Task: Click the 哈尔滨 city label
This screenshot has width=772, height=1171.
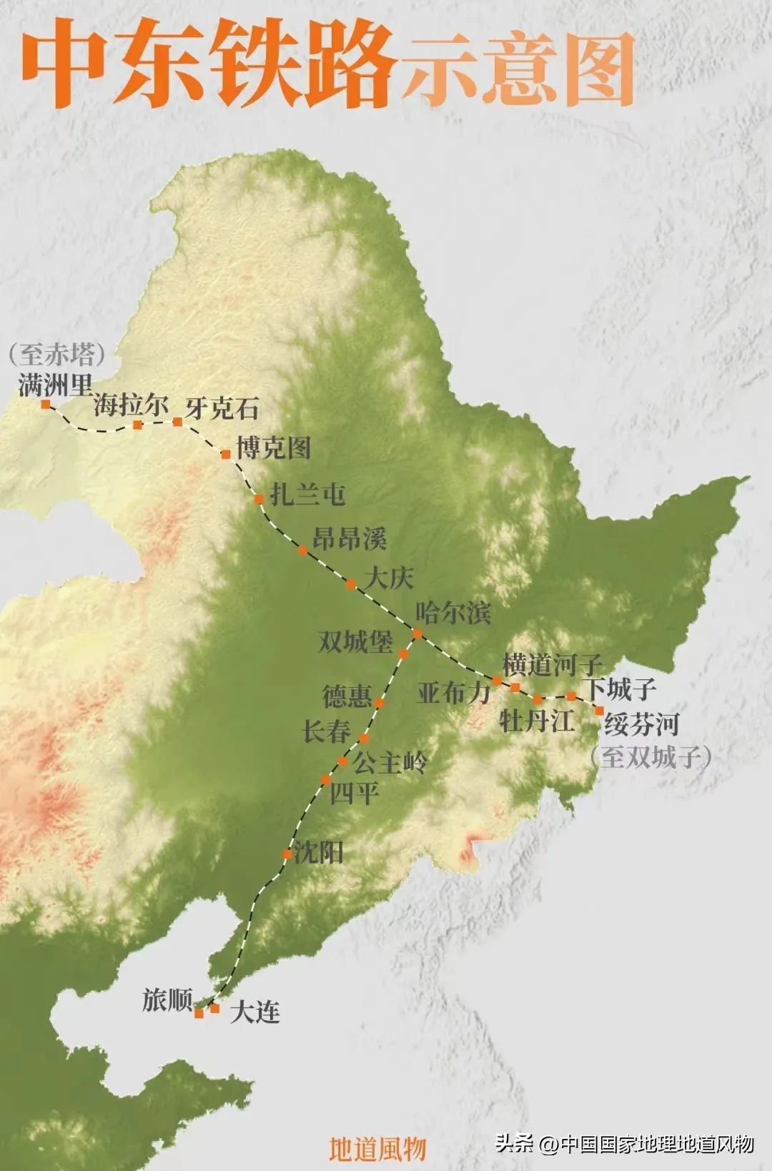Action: tap(453, 613)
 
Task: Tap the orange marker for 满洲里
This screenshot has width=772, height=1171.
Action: tap(46, 404)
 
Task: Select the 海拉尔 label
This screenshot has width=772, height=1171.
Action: tap(130, 405)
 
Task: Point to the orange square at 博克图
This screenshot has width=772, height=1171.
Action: tap(226, 454)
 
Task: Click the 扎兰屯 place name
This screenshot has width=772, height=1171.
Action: tap(308, 495)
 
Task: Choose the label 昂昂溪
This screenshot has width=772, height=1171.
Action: tap(350, 538)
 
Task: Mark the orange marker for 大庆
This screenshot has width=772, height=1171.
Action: tap(351, 584)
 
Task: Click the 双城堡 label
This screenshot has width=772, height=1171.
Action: tap(355, 641)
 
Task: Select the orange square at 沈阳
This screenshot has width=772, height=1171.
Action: tap(287, 854)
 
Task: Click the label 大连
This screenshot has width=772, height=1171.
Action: tap(254, 1012)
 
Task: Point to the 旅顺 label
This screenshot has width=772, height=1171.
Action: tap(167, 999)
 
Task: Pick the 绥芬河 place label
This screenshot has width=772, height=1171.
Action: tap(641, 724)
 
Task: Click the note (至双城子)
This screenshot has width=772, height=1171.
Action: tap(650, 757)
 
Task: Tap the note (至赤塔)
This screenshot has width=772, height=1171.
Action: tap(57, 354)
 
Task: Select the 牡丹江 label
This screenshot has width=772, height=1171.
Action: tap(536, 721)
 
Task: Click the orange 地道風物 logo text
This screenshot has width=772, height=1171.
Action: tap(377, 1148)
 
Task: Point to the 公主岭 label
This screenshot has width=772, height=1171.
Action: tap(390, 763)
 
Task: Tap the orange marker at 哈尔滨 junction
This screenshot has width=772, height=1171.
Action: tap(417, 633)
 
